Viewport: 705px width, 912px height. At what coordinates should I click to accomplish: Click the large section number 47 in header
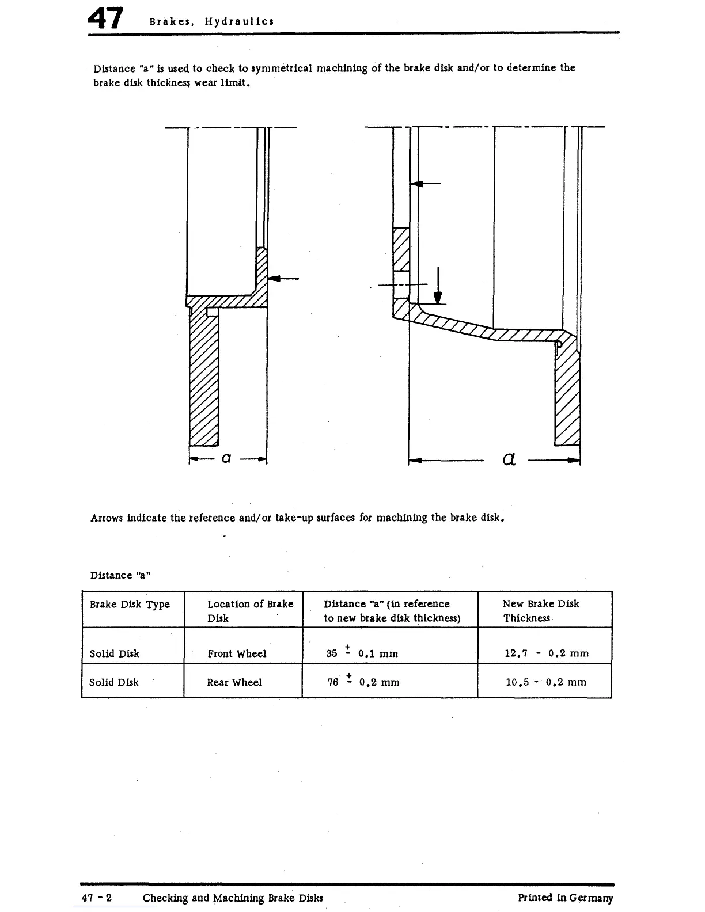[x=105, y=19]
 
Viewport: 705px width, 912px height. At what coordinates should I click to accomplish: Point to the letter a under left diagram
[x=226, y=458]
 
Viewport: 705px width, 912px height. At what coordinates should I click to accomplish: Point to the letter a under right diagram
[x=509, y=459]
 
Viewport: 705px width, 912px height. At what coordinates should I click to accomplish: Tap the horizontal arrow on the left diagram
[x=283, y=279]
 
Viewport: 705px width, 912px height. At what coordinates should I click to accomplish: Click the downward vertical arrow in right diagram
[x=438, y=286]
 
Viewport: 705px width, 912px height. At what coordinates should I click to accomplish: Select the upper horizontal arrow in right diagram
[x=426, y=184]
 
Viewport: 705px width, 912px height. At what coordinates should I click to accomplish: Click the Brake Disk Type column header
[x=130, y=605]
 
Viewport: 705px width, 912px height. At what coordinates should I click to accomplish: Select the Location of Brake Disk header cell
[x=250, y=611]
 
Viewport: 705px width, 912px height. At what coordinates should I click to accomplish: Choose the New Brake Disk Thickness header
[x=540, y=611]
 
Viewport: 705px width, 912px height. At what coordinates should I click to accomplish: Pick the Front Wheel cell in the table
[x=237, y=653]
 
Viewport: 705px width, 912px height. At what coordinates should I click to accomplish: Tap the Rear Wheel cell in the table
[x=234, y=682]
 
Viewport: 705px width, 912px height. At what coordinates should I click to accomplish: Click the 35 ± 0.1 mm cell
[x=362, y=653]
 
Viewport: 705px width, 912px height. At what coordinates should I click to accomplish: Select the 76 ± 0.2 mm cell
[x=363, y=682]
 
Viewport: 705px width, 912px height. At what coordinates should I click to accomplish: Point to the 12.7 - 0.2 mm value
[x=546, y=653]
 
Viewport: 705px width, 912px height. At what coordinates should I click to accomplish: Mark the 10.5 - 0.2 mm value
[x=545, y=682]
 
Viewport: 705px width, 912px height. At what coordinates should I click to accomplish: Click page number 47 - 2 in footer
[x=96, y=898]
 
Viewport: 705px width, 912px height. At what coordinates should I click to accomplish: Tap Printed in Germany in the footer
[x=566, y=898]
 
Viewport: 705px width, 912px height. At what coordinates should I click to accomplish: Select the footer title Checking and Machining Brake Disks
[x=233, y=898]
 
